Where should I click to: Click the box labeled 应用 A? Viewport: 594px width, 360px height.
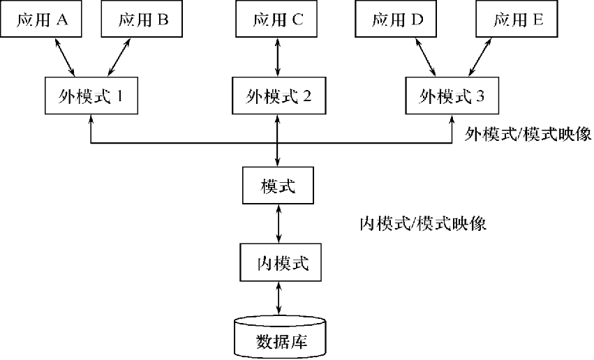tap(41, 19)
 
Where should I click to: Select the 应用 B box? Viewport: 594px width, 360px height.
tap(142, 19)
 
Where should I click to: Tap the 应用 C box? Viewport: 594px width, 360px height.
tap(276, 19)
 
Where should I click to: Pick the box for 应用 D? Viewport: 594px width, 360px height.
tap(396, 19)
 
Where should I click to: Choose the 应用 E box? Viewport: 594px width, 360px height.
tap(517, 19)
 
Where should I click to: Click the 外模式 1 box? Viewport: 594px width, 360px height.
tap(91, 96)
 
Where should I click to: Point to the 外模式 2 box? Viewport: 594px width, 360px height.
tap(279, 96)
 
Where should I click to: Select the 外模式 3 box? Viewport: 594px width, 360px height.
tap(452, 96)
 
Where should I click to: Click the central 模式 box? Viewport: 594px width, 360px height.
tap(278, 186)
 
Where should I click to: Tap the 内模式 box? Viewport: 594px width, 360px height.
tap(281, 262)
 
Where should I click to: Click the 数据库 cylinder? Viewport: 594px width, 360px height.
tap(280, 338)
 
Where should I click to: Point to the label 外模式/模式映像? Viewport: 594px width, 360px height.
tap(528, 134)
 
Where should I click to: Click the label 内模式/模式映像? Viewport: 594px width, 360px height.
tap(423, 224)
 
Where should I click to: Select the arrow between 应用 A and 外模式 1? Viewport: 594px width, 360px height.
tap(65, 57)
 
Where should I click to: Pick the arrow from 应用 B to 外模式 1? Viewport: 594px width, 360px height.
tap(119, 57)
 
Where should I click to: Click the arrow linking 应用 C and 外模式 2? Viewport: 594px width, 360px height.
tap(278, 57)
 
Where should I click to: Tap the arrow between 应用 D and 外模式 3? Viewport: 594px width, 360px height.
tap(425, 57)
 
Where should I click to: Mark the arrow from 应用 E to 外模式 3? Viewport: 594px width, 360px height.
tap(480, 57)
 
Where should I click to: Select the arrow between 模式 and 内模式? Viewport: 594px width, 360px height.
tap(279, 224)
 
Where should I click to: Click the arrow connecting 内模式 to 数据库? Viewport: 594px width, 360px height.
tap(279, 299)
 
